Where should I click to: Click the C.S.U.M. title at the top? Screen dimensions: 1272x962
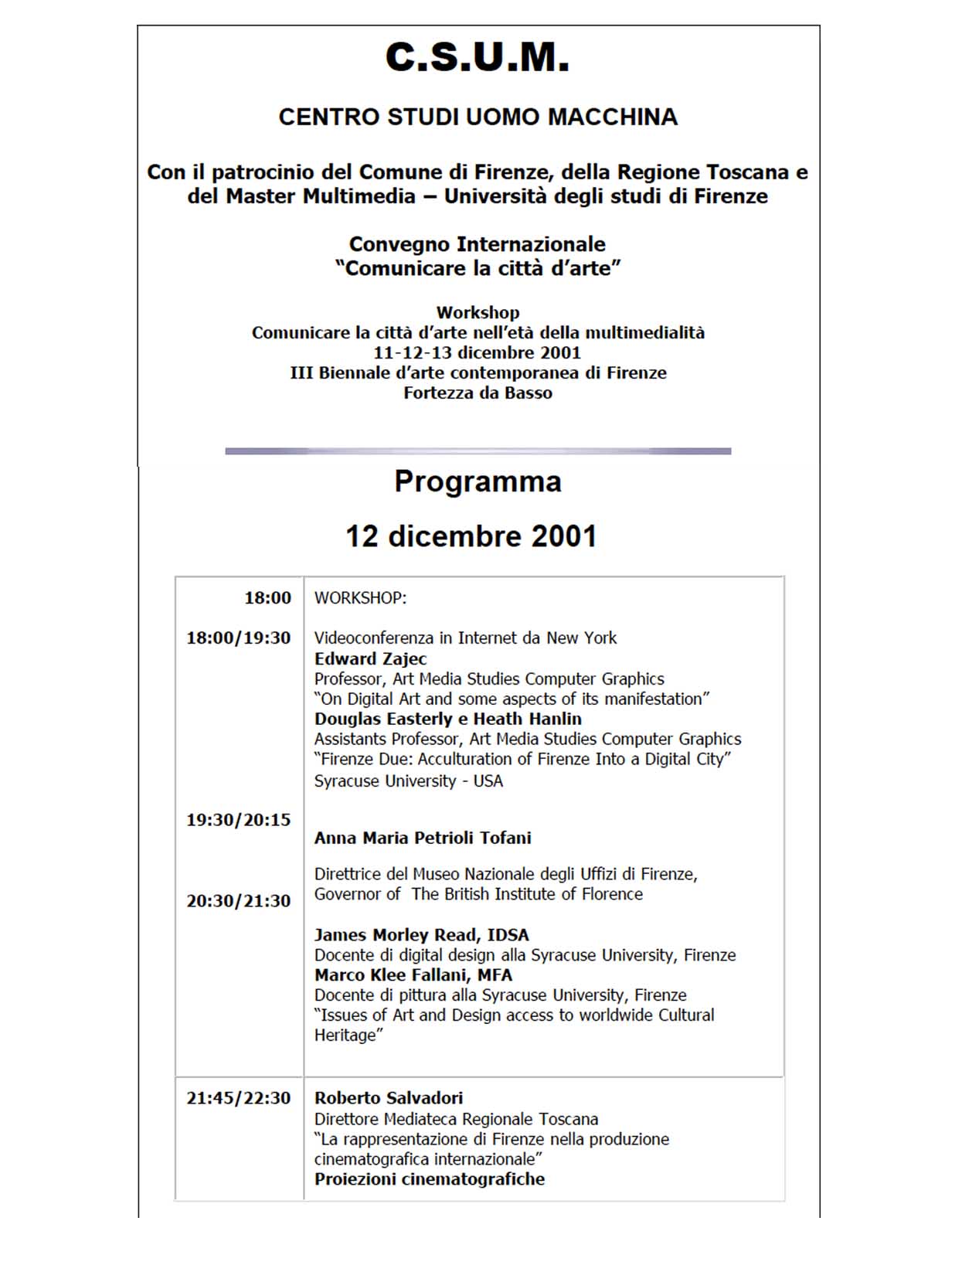point(478,58)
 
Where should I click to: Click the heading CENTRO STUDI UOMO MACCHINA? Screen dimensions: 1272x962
point(478,117)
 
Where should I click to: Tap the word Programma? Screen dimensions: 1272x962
point(478,481)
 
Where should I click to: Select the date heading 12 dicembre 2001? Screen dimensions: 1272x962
point(471,536)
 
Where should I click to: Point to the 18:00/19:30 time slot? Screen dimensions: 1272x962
point(238,638)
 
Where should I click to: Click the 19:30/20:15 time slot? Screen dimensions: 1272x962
point(238,820)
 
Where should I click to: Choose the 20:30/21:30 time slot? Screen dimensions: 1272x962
point(238,901)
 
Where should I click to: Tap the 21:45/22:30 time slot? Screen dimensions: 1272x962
point(238,1098)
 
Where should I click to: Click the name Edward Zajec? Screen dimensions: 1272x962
point(370,659)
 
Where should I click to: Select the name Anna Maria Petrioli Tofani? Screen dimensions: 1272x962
point(423,838)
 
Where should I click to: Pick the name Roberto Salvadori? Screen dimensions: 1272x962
point(389,1098)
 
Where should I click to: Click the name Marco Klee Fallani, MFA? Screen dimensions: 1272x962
point(413,975)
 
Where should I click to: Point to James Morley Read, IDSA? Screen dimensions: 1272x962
point(421,935)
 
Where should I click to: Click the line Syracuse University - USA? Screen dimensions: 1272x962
point(408,781)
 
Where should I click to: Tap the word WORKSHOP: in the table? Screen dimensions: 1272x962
point(360,598)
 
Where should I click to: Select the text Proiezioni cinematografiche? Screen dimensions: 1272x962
point(430,1179)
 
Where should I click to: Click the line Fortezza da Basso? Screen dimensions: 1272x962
point(478,393)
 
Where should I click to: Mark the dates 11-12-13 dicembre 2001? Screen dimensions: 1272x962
point(477,353)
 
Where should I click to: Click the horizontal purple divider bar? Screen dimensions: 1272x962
point(478,451)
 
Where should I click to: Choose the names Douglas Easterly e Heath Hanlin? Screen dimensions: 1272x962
point(447,719)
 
